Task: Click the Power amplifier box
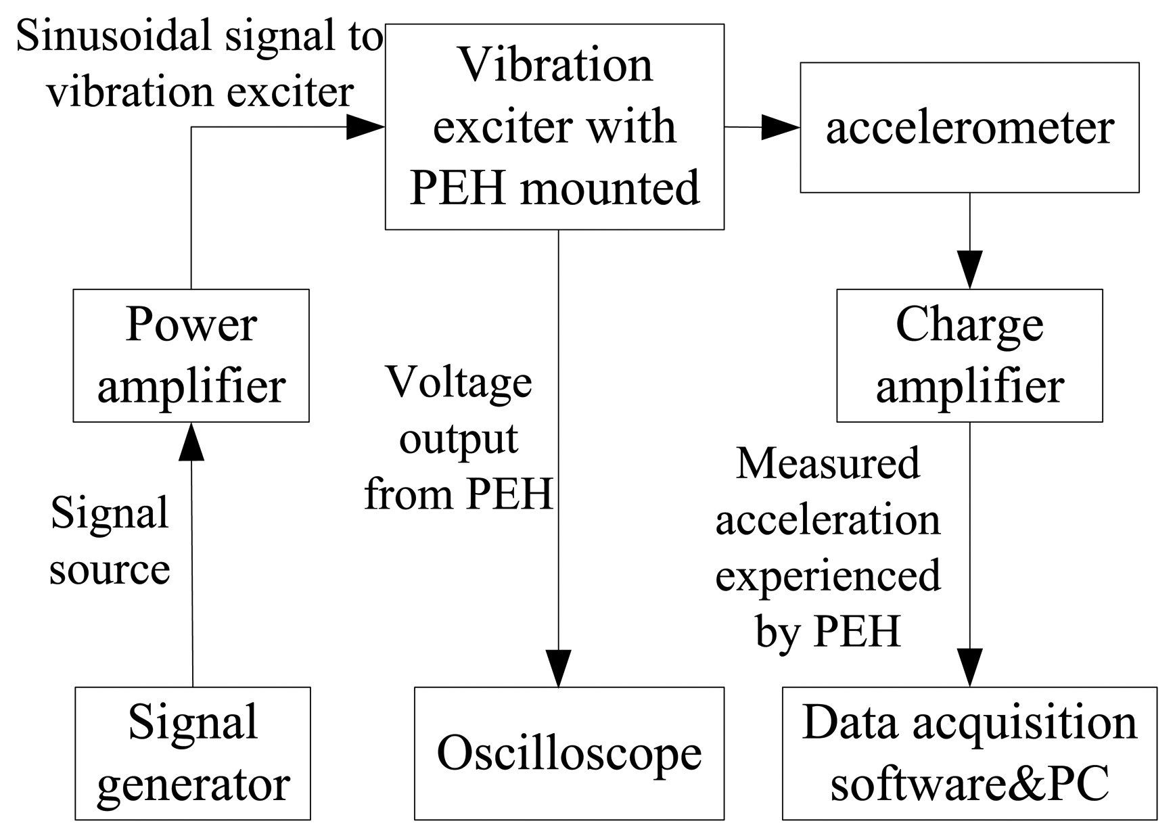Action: click(x=191, y=356)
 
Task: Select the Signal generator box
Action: click(x=193, y=753)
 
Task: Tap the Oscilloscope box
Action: click(x=569, y=753)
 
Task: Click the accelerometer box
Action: click(x=969, y=128)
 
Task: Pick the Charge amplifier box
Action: click(x=969, y=356)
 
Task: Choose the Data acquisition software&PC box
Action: click(x=969, y=753)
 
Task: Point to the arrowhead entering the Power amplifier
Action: click(x=191, y=441)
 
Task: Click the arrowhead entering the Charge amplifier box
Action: click(x=969, y=271)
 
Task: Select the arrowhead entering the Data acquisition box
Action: click(x=969, y=668)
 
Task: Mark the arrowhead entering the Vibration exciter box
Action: click(x=365, y=126)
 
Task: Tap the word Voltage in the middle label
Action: click(x=459, y=383)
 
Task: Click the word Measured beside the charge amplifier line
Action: click(x=828, y=464)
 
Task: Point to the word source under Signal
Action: click(x=110, y=569)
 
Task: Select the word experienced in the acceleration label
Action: click(x=828, y=576)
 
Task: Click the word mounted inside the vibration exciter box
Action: click(x=609, y=188)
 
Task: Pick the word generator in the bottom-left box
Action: click(x=193, y=785)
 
